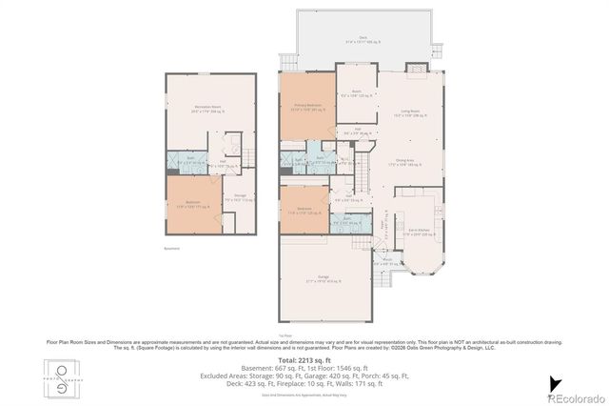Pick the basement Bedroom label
pyautogui.click(x=193, y=204)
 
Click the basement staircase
pyautogui.click(x=248, y=156)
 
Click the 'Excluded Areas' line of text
pyautogui.click(x=304, y=376)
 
